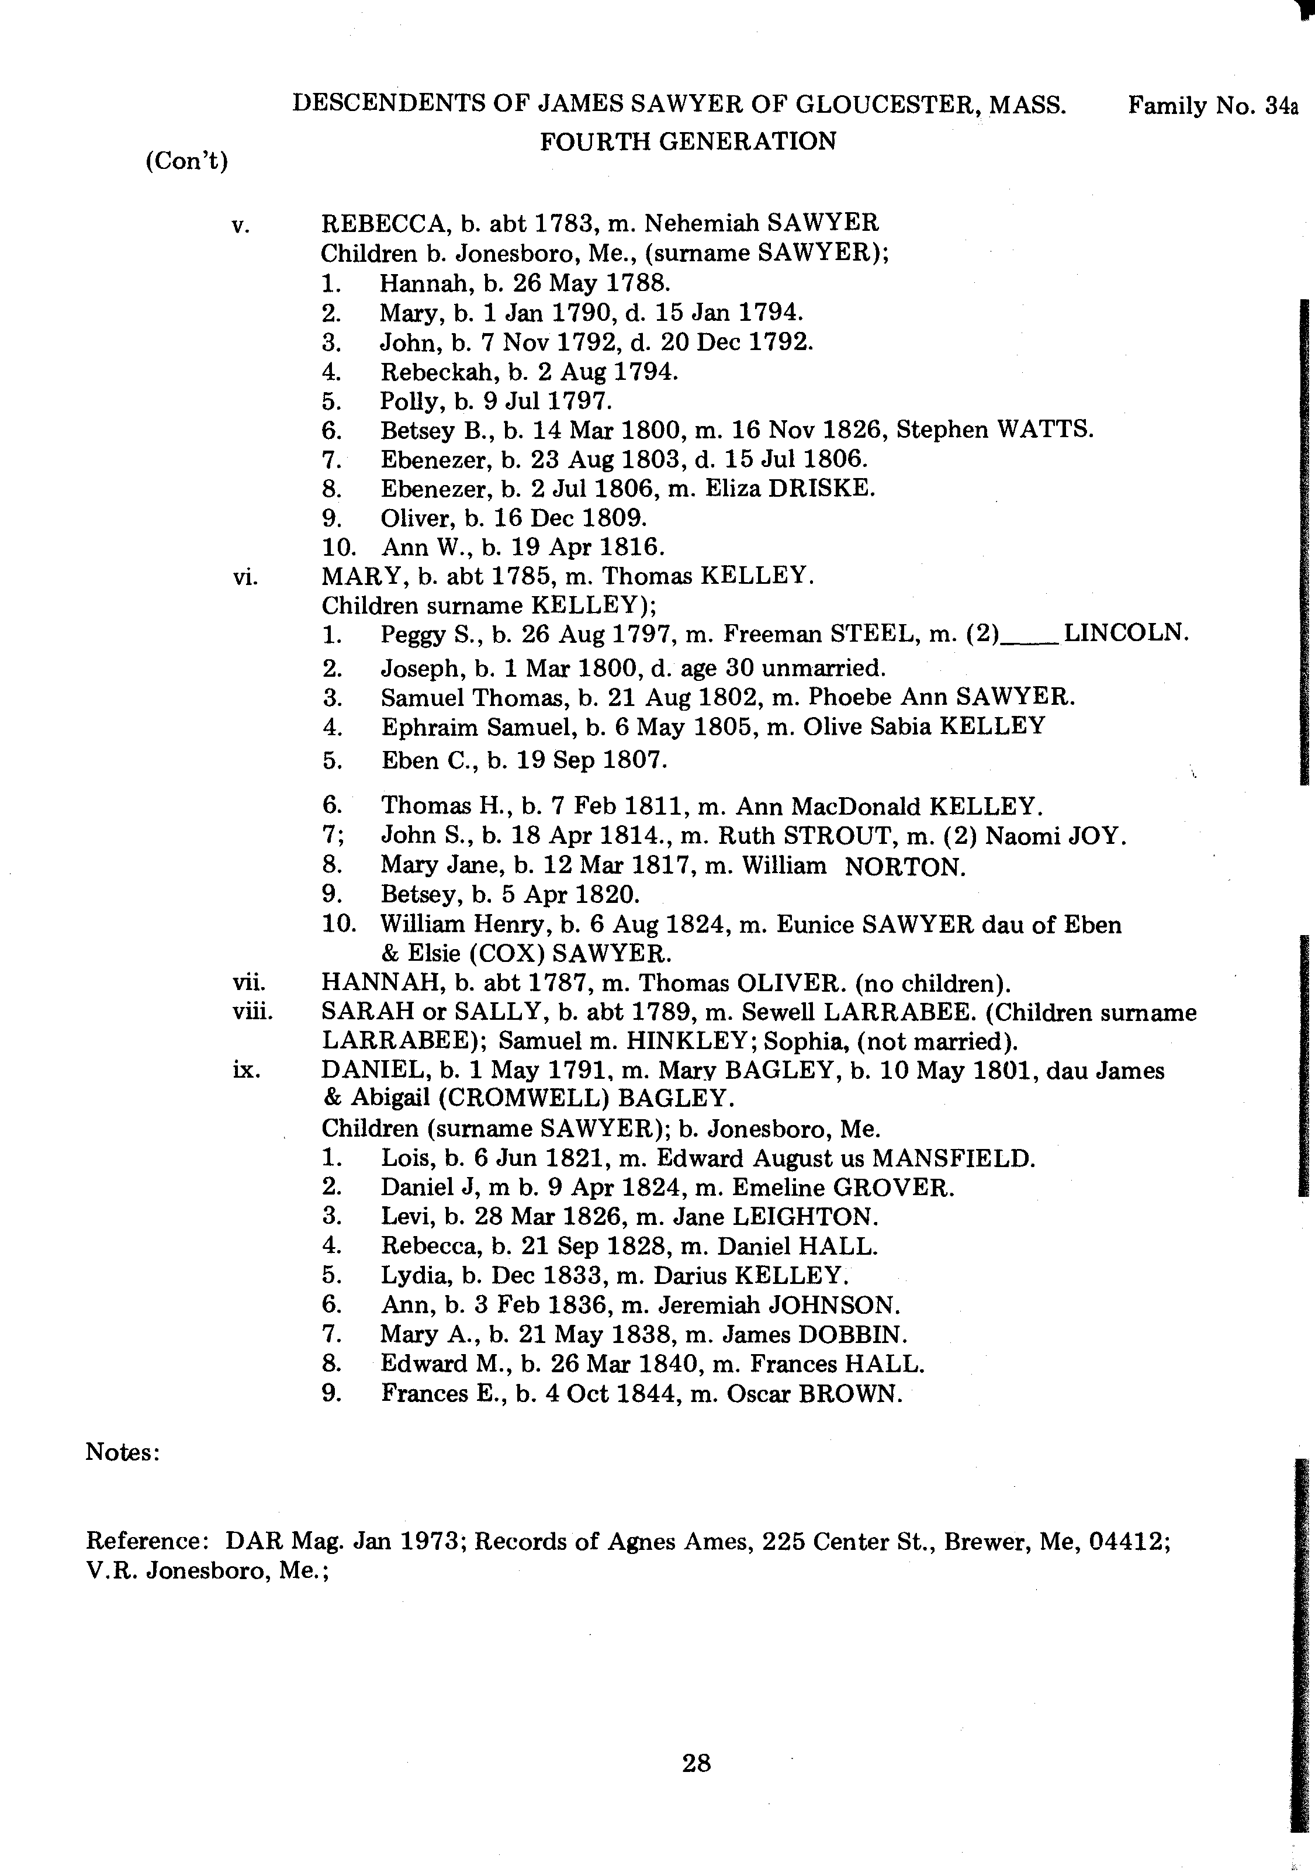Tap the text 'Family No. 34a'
click(x=1213, y=106)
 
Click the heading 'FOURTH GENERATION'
click(x=688, y=142)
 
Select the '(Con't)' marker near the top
click(x=186, y=161)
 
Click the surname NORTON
click(x=905, y=867)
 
